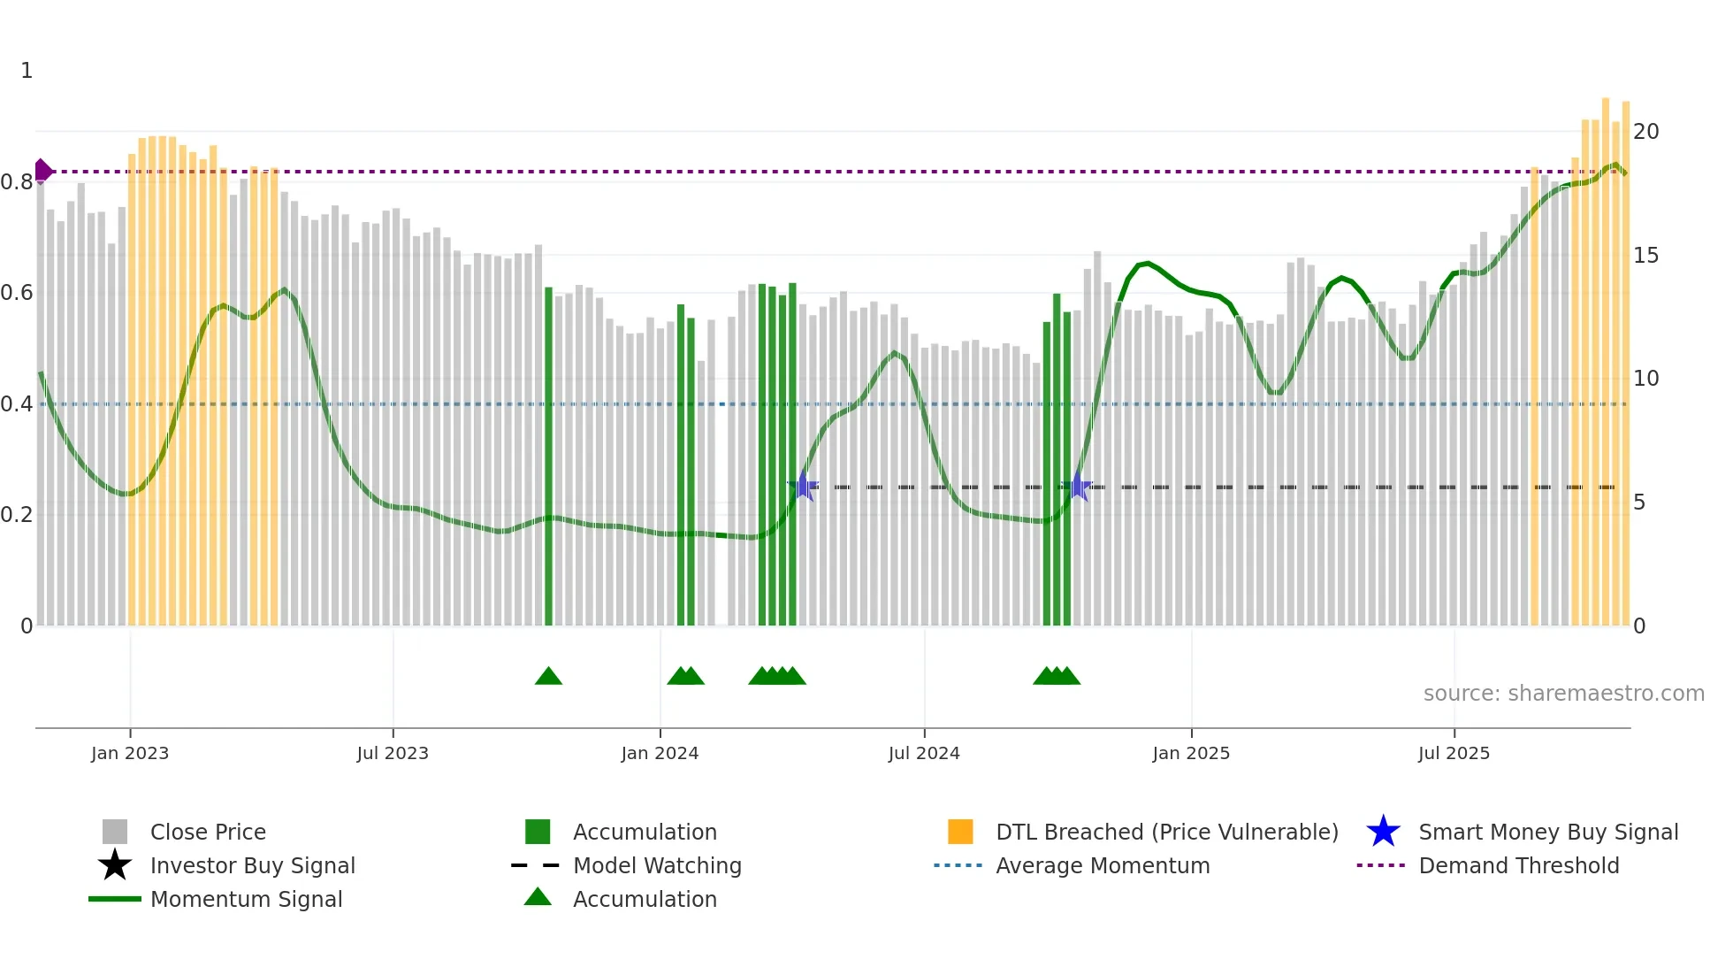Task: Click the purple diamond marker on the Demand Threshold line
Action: pyautogui.click(x=42, y=171)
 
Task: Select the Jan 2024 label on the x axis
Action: pyautogui.click(x=660, y=753)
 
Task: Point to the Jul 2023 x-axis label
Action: pyautogui.click(x=393, y=753)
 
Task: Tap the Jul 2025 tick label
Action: pyautogui.click(x=1454, y=753)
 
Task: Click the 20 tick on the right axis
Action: pyautogui.click(x=1646, y=132)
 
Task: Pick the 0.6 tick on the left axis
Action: pyautogui.click(x=17, y=293)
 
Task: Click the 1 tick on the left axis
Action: pyautogui.click(x=27, y=71)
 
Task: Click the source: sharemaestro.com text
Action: pyautogui.click(x=1563, y=694)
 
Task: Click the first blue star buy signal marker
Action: pyautogui.click(x=803, y=486)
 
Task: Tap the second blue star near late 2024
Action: pyautogui.click(x=1078, y=486)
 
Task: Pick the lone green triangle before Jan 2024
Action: pyautogui.click(x=548, y=676)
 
